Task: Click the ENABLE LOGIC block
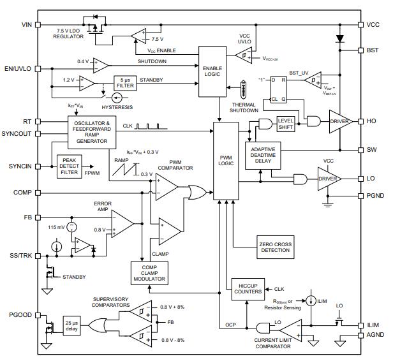pos(212,71)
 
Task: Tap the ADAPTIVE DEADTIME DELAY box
pos(262,156)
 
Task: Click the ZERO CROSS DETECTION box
pos(275,247)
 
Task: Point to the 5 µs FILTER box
pos(126,83)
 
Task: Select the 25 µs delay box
pos(71,325)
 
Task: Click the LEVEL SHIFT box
pos(285,122)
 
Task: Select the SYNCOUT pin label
pos(17,134)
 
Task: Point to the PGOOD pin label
pos(20,315)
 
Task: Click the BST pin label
pos(373,50)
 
